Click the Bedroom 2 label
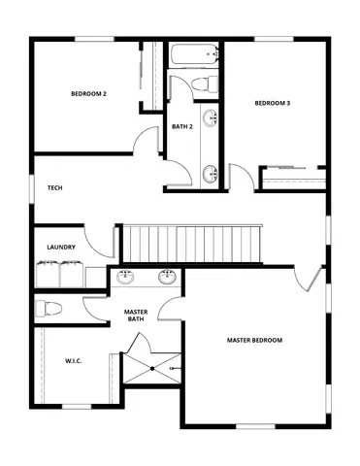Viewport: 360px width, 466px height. (88, 94)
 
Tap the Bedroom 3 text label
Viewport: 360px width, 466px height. (273, 103)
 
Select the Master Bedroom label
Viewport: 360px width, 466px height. (254, 340)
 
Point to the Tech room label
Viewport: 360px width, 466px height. (54, 187)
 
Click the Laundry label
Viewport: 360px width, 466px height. (61, 248)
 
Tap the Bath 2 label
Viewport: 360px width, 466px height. (181, 126)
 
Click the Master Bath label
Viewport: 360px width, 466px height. (135, 316)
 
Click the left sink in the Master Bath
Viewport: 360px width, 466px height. (126, 277)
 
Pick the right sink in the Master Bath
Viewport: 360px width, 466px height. (167, 277)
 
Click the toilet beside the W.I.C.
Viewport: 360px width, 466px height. (49, 309)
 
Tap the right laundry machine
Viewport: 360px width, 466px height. (70, 275)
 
